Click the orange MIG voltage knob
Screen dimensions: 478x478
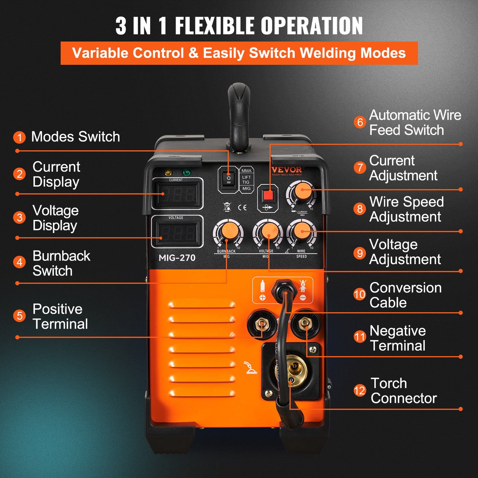[x=268, y=231]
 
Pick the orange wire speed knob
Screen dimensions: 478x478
[x=302, y=230]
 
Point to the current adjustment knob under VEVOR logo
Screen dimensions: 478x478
[x=301, y=190]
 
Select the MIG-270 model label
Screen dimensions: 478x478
[x=177, y=258]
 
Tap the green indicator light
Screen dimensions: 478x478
[x=186, y=172]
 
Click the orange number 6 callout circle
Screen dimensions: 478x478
[x=360, y=122]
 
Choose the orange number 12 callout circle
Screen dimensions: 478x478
[x=359, y=390]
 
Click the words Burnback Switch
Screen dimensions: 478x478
[x=61, y=263]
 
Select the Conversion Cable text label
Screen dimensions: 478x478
[x=405, y=295]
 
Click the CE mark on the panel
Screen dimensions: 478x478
[x=242, y=207]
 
